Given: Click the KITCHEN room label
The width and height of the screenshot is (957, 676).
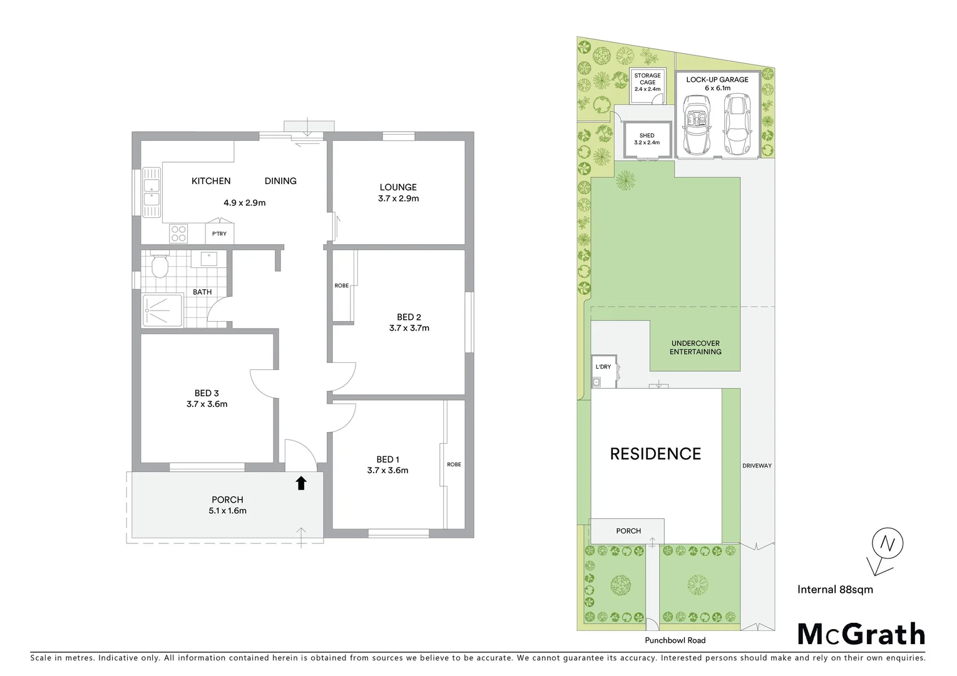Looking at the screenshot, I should tap(211, 181).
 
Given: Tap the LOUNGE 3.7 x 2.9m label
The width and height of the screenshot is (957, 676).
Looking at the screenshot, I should tap(398, 193).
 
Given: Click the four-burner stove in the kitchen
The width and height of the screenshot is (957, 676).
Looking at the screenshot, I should tap(178, 233).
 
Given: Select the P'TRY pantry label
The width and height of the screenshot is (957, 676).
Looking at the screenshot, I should tap(219, 234).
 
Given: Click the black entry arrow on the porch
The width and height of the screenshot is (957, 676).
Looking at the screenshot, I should tap(301, 483).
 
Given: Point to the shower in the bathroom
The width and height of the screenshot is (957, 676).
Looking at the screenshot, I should tap(162, 310).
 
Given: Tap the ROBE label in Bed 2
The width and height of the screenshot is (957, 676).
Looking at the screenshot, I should tap(341, 285).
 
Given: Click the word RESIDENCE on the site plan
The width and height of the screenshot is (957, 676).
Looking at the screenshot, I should tap(655, 454).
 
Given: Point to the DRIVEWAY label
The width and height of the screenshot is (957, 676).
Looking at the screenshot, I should tap(757, 466).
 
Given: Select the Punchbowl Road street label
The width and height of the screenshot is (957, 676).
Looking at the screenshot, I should tap(675, 640).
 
